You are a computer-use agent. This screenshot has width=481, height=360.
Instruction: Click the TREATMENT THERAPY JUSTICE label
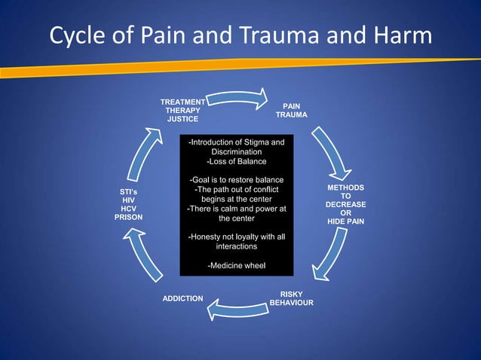[182, 110]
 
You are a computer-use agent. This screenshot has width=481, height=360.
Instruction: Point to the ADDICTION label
[182, 299]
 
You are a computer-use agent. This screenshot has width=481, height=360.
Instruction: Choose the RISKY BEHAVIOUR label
[291, 298]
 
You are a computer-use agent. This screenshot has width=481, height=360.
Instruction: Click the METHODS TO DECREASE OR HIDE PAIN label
[346, 205]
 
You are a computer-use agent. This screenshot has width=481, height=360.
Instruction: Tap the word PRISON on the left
[128, 217]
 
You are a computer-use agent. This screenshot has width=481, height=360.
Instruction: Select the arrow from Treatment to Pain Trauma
[237, 98]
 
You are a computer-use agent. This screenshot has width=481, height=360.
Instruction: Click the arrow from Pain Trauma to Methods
[329, 151]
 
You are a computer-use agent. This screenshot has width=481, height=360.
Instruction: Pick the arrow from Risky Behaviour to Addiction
[237, 308]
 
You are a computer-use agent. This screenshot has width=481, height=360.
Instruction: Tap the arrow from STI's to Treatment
[147, 154]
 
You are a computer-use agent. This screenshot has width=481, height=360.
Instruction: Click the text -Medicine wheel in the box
[236, 265]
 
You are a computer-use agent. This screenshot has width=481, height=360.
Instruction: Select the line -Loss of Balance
[236, 161]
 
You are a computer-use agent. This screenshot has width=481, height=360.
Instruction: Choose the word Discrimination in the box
[236, 152]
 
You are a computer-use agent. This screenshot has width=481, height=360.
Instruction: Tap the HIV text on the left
[128, 200]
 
